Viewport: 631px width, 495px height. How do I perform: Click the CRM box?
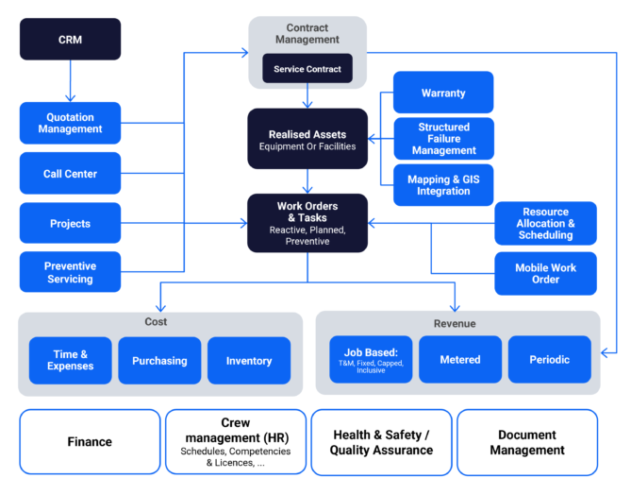70,39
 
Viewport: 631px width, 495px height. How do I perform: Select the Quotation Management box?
70,123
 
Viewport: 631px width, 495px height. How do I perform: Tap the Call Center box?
70,174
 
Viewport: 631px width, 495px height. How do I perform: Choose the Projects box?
70,224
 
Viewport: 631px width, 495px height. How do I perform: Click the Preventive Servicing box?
70,273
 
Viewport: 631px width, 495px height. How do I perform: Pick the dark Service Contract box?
307,69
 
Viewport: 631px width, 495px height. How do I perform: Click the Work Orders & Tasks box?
307,223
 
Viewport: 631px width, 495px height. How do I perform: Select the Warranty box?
443,93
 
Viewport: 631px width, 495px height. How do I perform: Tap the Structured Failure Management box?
443,139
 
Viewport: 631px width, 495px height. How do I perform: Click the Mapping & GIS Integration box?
443,185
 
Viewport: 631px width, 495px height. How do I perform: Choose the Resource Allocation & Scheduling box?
545,223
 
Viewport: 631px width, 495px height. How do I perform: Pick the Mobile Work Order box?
545,273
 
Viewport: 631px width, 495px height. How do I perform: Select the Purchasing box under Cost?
159,360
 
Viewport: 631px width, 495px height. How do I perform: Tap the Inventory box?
249,360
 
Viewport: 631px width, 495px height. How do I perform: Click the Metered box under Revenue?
460,359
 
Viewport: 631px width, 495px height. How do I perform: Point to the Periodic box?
549,359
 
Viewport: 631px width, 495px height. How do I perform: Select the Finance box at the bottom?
90,441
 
